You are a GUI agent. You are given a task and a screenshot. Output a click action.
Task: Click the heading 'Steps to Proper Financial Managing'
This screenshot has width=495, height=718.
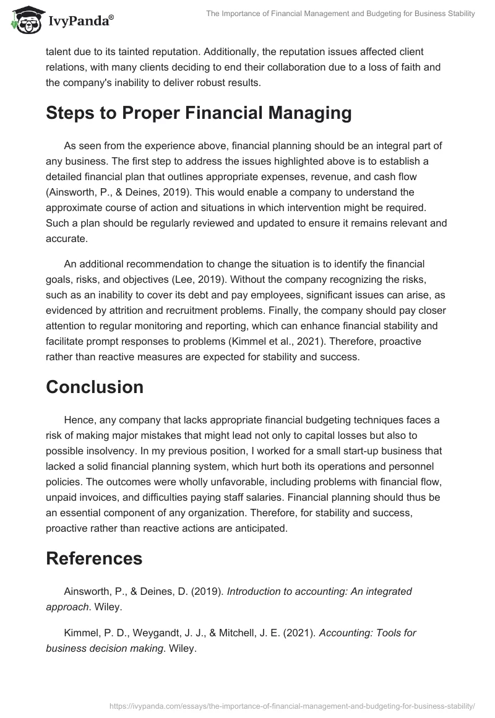click(x=199, y=113)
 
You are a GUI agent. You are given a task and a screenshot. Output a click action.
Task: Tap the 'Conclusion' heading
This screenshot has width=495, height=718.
click(x=95, y=387)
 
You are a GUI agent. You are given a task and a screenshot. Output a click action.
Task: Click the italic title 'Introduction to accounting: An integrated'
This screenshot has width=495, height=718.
click(x=319, y=591)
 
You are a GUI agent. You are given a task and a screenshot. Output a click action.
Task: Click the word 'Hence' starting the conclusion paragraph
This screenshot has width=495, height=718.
click(x=77, y=420)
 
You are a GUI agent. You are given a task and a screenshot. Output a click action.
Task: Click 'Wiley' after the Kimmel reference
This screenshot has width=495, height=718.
click(x=183, y=631)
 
